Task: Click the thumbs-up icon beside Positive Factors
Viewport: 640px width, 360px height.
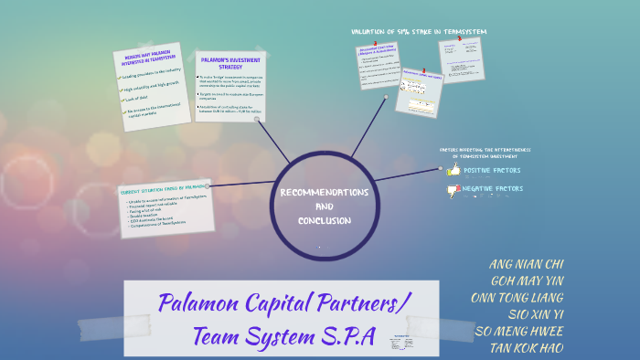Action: pos(453,169)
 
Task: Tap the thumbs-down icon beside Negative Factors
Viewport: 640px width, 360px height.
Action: pos(453,190)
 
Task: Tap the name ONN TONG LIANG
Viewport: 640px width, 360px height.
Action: pos(517,298)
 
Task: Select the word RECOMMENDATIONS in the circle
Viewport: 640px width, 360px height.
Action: pos(324,193)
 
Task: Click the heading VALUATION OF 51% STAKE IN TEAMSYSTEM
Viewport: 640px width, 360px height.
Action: pos(419,32)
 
